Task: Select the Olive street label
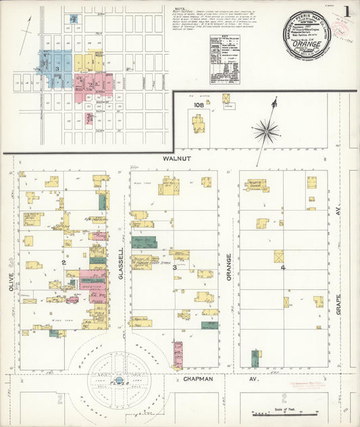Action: [x=10, y=283]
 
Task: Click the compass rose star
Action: [x=268, y=130]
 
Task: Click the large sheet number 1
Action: [x=346, y=12]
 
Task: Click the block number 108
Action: [x=199, y=105]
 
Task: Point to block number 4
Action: [x=283, y=268]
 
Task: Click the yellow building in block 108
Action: [x=198, y=124]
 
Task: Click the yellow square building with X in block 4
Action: [x=278, y=257]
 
